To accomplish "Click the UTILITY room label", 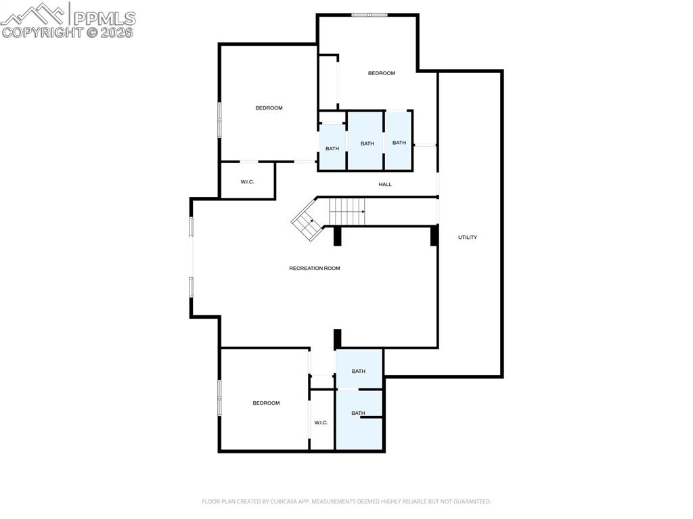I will point(468,238).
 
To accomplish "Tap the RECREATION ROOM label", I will point(315,269).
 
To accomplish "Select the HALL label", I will point(385,185).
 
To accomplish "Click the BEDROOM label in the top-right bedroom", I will point(382,73).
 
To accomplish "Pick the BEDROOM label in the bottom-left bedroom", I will point(266,403).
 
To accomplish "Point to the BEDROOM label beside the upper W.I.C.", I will point(269,108).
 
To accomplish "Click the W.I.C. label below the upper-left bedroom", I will point(247,181).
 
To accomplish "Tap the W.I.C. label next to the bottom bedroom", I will point(321,423).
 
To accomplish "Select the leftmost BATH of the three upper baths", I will point(332,149).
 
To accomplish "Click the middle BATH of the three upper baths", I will point(367,143).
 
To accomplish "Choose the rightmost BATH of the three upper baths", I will point(399,143).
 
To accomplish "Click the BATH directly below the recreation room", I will point(359,371).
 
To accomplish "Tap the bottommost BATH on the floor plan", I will point(358,413).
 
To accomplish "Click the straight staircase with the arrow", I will point(348,212).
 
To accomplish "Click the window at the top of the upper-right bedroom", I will point(370,15).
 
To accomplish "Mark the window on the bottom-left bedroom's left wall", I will point(219,398).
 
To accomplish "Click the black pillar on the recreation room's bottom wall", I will point(337,338).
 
